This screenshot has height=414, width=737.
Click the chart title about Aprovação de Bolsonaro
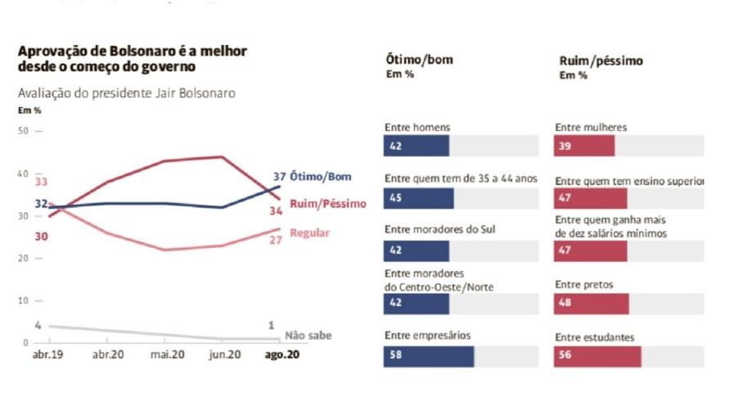tap(132, 59)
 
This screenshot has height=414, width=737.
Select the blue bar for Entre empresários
tap(428, 357)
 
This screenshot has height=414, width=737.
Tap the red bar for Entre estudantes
tap(597, 357)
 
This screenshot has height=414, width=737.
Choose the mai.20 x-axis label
tap(166, 355)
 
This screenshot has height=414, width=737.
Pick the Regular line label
tap(310, 233)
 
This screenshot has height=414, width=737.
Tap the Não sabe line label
tap(308, 335)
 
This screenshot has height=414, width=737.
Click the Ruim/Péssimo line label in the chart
tap(328, 203)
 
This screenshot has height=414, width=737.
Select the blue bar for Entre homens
tap(416, 146)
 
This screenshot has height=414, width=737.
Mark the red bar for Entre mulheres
tap(584, 146)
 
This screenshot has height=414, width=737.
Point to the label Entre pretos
tap(583, 285)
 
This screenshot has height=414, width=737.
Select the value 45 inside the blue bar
tap(395, 198)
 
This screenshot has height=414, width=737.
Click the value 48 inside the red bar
tap(565, 304)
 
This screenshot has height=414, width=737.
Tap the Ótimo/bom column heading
tap(418, 60)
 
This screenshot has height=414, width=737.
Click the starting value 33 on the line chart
tap(41, 182)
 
